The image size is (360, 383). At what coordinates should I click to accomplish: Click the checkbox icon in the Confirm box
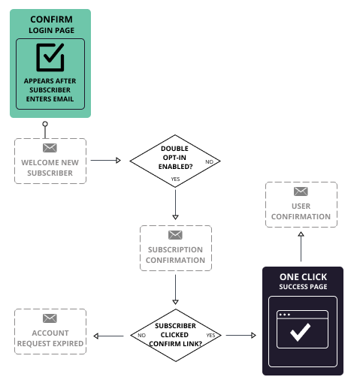pos(50,56)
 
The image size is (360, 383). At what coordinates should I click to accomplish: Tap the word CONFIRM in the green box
pos(50,19)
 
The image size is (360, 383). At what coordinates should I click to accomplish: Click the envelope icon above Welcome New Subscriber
pos(50,147)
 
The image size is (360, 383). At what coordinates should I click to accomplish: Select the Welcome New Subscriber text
pos(50,167)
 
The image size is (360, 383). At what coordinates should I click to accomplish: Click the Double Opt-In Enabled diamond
pos(175,160)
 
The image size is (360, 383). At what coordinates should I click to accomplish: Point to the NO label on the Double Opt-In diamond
pos(209,161)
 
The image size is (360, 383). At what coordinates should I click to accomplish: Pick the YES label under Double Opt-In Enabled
pos(175,179)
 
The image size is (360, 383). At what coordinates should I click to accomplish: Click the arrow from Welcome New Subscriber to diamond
pos(107,161)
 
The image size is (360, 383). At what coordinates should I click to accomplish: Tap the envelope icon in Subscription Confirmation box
pos(175,235)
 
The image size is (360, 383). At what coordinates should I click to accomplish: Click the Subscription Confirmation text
pos(175,255)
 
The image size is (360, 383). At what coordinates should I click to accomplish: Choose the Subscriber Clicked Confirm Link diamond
pos(175,334)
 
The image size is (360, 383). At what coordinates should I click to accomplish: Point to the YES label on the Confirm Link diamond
pos(210,335)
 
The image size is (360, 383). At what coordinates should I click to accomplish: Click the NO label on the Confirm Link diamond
pos(141,335)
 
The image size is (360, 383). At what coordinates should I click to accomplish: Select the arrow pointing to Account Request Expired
pos(109,335)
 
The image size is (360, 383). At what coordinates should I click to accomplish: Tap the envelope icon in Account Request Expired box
pos(50,318)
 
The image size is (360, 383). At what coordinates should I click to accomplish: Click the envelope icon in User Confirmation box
pos(301,192)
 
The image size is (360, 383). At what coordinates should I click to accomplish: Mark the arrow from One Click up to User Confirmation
pos(301,248)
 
